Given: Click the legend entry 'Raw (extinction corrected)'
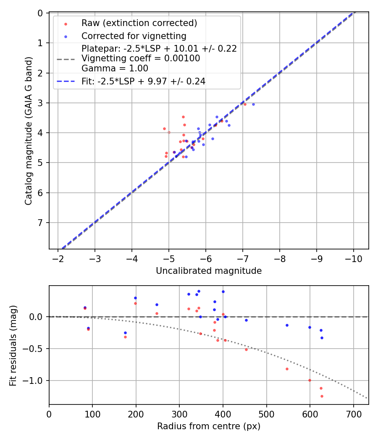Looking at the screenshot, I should tap(139, 23).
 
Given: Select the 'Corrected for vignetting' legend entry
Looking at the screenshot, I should tap(134, 36).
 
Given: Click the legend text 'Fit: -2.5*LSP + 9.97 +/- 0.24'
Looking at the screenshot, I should tap(143, 81).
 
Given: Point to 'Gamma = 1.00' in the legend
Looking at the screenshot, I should tap(115, 68).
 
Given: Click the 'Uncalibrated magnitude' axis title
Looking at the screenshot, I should tap(209, 271).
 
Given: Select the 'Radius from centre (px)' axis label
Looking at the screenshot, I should tap(209, 426).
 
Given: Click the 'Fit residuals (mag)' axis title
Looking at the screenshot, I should tap(13, 345).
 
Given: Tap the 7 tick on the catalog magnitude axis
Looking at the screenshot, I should tap(41, 223).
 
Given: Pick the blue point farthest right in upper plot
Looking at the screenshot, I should tap(253, 104).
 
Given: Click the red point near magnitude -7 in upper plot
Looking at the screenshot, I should tap(245, 104).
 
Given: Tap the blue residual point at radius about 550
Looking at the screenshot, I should tap(287, 325).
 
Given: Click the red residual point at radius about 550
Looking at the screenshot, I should tap(287, 369).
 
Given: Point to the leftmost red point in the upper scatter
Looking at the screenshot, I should tap(164, 129).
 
